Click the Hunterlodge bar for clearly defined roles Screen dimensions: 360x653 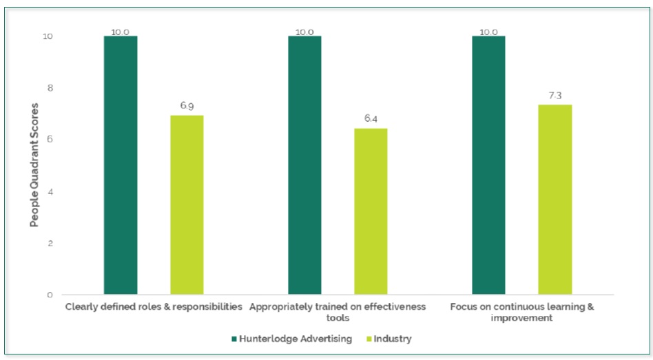121,165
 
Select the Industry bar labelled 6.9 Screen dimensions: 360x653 187,204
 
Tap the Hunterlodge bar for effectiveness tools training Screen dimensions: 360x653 304,165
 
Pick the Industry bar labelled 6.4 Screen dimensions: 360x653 371,211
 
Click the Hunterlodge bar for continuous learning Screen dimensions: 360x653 488,165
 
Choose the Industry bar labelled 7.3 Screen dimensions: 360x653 555,200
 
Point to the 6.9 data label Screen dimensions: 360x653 187,106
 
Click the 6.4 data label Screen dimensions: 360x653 371,119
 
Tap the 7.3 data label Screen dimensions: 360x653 555,96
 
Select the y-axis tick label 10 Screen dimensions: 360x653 48,36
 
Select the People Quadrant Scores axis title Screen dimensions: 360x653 33,165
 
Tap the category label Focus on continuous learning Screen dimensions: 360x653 521,312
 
